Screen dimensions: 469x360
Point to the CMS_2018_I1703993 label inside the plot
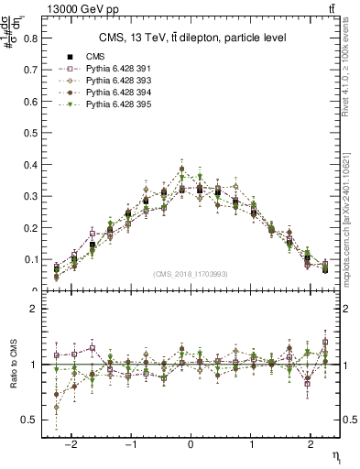(x=190, y=274)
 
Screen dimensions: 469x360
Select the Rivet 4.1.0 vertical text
(x=348, y=71)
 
